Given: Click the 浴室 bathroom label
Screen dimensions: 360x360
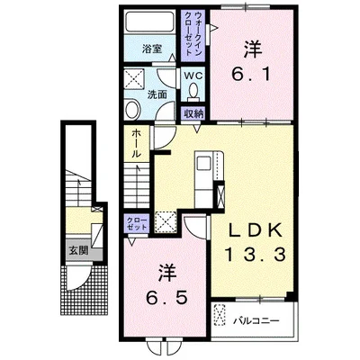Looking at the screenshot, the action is pos(152,49).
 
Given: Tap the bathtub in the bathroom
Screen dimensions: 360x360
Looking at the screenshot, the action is pos(150,22).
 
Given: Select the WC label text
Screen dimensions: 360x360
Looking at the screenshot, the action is pos(193,75).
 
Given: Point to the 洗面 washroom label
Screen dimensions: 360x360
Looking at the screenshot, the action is pos(157,94).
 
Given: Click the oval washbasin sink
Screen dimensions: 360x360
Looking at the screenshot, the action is pos(132,110).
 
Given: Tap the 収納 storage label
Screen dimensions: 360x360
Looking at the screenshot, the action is pos(193,113).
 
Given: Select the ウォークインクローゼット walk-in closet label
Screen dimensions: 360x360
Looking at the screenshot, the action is pos(193,33).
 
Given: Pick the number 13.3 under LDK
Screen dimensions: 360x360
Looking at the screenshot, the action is pos(255,256).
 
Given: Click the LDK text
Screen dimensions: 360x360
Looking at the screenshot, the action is pos(256,230).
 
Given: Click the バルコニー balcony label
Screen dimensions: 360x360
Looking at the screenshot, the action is pos(256,321).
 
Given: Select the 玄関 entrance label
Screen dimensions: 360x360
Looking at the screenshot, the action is pos(78,250).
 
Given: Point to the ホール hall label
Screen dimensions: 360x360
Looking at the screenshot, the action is pos(136,143).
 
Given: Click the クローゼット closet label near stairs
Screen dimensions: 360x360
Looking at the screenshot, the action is pos(137,223).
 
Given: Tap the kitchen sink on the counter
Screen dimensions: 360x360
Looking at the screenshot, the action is pos(204,164).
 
